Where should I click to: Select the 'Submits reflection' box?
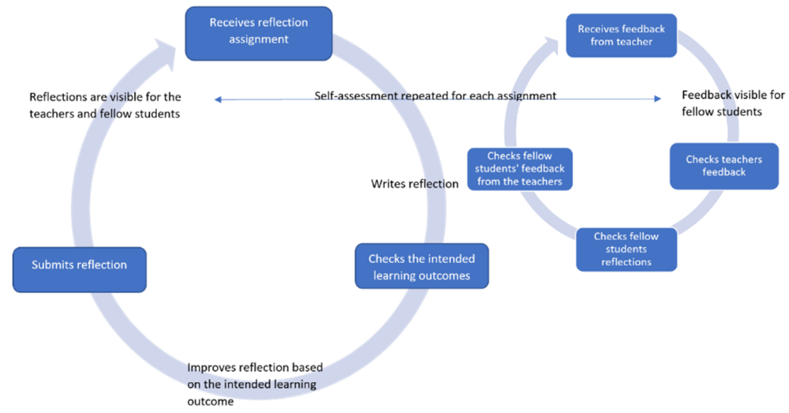[79, 265]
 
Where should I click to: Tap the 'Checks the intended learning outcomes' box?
[420, 267]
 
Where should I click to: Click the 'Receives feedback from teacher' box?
[621, 36]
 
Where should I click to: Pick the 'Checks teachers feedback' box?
[724, 166]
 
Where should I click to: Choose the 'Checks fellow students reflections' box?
[626, 249]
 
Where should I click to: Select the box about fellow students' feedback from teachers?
[519, 169]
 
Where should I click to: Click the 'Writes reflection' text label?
[415, 184]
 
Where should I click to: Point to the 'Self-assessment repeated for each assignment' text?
[436, 96]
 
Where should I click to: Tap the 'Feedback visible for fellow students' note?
[721, 103]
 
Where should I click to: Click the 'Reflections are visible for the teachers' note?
[105, 105]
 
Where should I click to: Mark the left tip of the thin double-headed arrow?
[215, 99]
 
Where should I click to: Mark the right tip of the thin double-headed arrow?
[660, 99]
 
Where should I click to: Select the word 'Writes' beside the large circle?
[387, 184]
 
